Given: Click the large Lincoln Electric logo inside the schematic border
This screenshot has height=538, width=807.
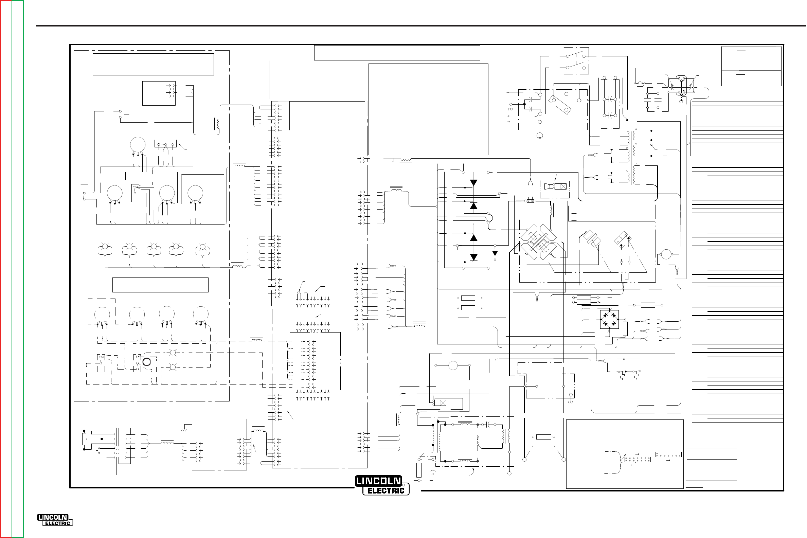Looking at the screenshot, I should (x=382, y=485).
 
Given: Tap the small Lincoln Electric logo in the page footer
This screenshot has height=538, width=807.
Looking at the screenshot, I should (x=55, y=520).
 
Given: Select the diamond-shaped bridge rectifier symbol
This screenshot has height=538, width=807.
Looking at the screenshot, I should (x=609, y=319).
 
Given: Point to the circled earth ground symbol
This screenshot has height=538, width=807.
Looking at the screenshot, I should (x=540, y=135).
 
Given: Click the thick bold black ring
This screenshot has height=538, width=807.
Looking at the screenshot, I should (x=146, y=362).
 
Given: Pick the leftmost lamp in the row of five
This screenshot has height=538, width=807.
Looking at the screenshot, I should (x=105, y=247).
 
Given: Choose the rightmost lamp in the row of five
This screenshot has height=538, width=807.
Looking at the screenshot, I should (x=202, y=247).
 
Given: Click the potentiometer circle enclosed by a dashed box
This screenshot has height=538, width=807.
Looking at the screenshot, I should (x=102, y=314).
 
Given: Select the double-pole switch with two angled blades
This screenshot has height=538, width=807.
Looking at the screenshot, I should (x=576, y=61).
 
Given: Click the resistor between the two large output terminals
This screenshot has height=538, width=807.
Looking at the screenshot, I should (x=544, y=437).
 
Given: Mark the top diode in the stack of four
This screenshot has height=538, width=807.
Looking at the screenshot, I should (x=473, y=183).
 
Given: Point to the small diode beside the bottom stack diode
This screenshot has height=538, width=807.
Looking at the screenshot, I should (x=495, y=254).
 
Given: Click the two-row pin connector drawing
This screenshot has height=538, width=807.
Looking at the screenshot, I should (x=638, y=460).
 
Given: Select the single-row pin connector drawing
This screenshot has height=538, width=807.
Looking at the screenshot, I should (x=668, y=455).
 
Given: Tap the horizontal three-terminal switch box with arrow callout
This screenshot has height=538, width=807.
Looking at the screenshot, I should (x=165, y=143).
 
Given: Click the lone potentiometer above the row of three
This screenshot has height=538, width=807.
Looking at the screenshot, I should (x=138, y=145).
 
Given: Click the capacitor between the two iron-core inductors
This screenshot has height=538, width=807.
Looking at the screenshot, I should (x=488, y=425).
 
